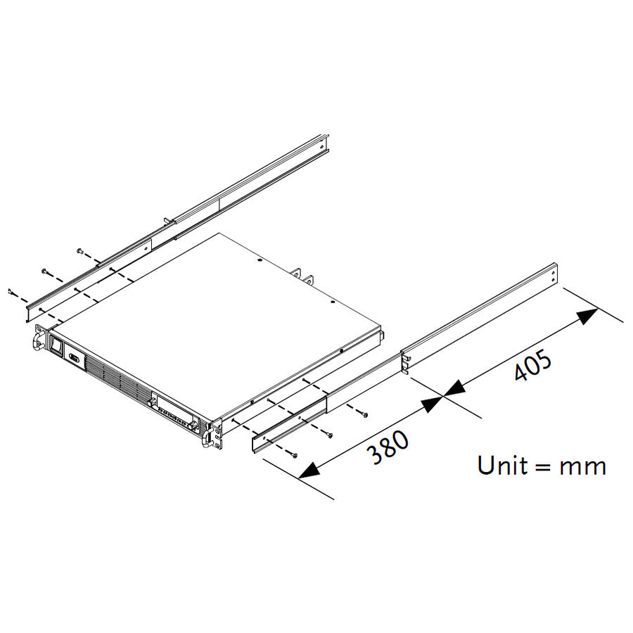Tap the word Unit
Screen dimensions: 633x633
pyautogui.click(x=502, y=465)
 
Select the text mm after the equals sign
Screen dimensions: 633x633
pyautogui.click(x=582, y=466)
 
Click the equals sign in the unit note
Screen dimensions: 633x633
pyautogui.click(x=542, y=466)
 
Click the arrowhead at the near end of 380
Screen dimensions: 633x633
pyautogui.click(x=308, y=471)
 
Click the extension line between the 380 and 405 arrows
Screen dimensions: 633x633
pyautogui.click(x=445, y=398)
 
